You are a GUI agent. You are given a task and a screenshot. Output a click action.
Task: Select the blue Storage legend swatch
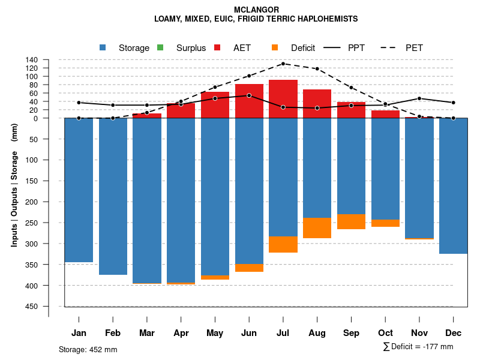(x=103, y=48)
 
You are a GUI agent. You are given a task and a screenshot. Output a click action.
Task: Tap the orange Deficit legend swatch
(x=275, y=48)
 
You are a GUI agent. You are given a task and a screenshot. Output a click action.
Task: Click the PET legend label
(x=414, y=48)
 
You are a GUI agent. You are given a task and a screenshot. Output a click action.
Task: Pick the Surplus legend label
(x=191, y=48)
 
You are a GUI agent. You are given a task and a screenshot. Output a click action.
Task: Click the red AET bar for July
(x=283, y=99)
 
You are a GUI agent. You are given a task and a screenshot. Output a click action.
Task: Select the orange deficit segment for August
(x=317, y=228)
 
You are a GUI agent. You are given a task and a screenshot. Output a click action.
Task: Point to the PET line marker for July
(x=283, y=64)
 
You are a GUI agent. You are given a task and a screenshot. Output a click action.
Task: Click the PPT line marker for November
(x=419, y=98)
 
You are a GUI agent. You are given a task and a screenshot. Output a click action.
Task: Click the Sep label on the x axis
(x=352, y=333)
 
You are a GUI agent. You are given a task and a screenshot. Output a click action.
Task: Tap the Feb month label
(x=113, y=333)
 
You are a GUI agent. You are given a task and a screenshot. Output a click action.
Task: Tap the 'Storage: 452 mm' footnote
(x=88, y=349)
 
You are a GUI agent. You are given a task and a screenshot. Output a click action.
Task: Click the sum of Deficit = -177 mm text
(x=418, y=347)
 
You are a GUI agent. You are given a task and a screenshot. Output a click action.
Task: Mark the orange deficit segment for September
(x=352, y=221)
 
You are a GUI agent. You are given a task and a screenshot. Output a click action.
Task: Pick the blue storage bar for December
(x=454, y=186)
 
